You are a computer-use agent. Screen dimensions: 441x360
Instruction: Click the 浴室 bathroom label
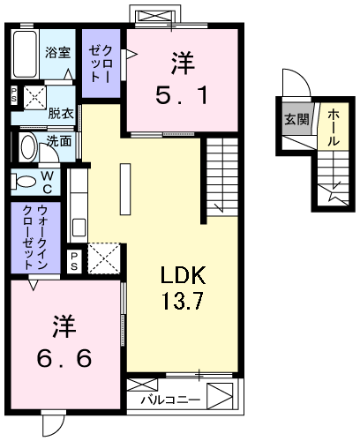[58, 52]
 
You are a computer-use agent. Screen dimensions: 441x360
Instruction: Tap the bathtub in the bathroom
[27, 56]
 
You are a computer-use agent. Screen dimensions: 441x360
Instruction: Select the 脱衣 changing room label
[61, 114]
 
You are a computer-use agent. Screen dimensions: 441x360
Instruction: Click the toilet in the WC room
[24, 182]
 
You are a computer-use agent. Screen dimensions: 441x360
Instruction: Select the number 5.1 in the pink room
[184, 92]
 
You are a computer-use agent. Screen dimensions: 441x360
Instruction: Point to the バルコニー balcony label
[170, 400]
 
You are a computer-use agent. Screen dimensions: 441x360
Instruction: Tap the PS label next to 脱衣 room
[13, 96]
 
